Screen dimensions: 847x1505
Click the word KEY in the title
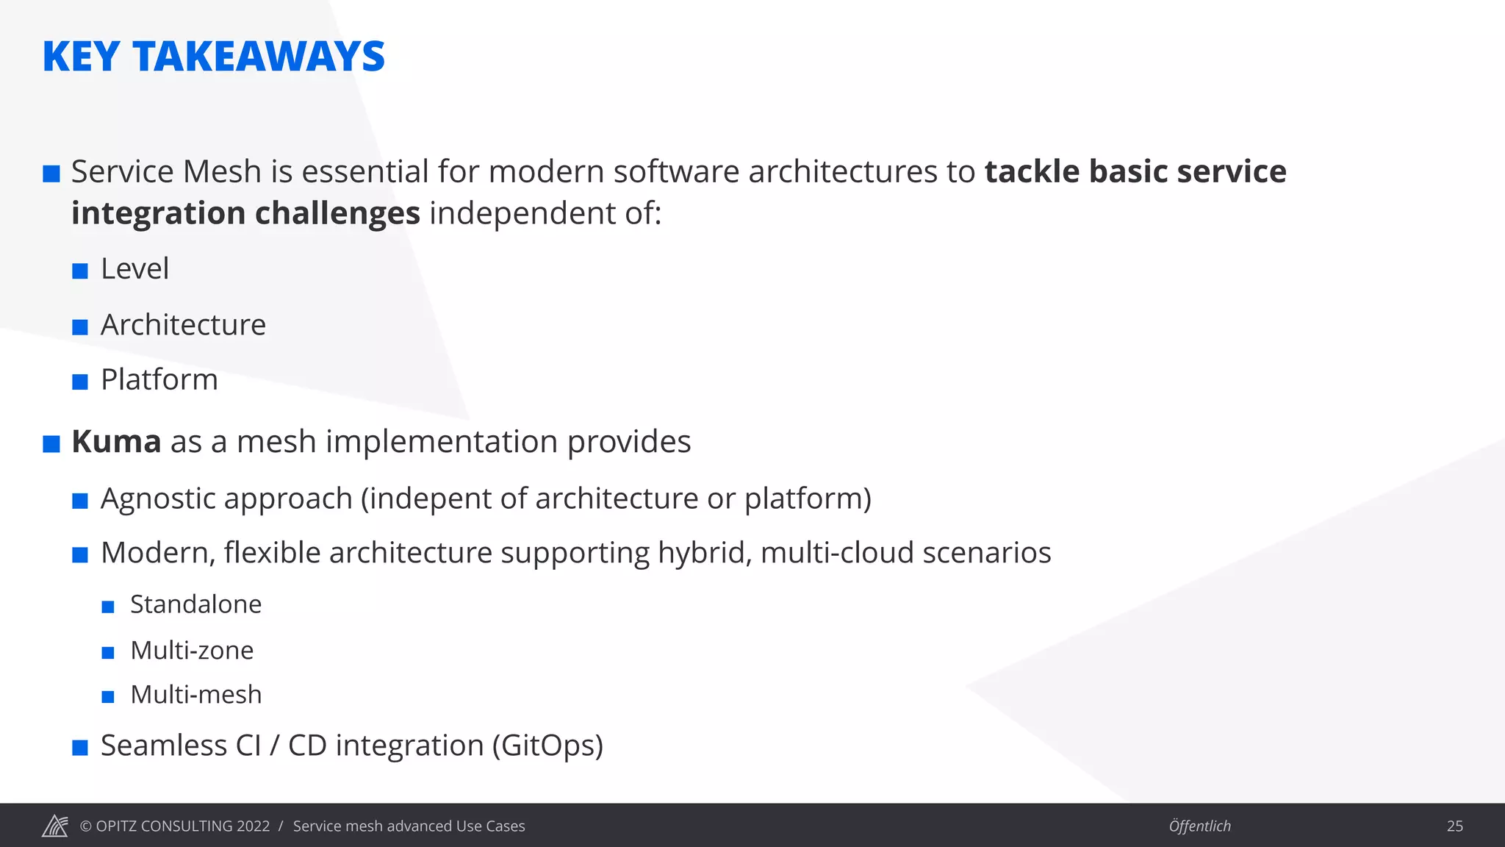[81, 57]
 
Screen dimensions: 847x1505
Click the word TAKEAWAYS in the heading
[259, 57]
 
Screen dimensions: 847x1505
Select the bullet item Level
[134, 269]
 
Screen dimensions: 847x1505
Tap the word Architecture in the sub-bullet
[183, 325]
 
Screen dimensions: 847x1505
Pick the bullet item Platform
[159, 380]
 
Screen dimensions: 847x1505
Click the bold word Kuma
[116, 442]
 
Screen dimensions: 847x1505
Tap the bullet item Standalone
[195, 604]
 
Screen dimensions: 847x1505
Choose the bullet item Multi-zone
[192, 651]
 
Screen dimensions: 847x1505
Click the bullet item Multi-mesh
[195, 695]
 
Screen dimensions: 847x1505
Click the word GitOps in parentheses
[547, 746]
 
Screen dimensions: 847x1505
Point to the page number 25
[1454, 826]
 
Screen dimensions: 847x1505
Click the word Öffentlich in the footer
[1199, 826]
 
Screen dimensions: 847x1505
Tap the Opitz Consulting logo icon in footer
[55, 826]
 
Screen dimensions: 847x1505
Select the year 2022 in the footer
[253, 826]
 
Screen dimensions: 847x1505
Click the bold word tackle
[1031, 172]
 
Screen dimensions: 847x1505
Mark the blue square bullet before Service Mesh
[51, 174]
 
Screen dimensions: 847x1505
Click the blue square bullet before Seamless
[80, 748]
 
